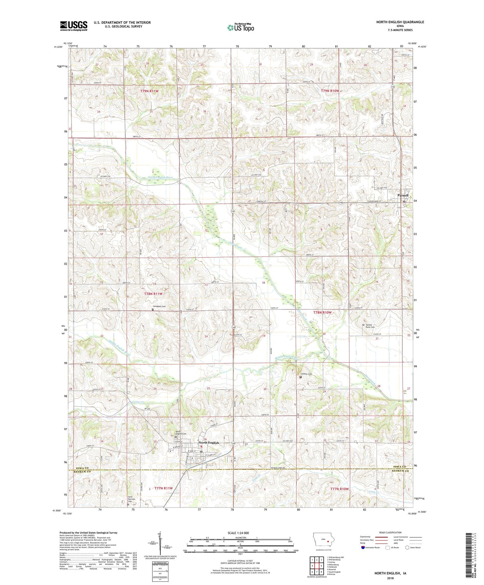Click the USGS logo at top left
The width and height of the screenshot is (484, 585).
point(74,26)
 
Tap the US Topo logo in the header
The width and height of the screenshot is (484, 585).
point(240,28)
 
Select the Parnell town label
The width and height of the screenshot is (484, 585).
point(403,195)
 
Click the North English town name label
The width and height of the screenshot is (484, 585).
point(209,443)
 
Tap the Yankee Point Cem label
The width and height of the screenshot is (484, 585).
point(370,326)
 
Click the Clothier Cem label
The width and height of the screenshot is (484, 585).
point(306,374)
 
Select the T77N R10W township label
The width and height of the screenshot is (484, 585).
point(339,489)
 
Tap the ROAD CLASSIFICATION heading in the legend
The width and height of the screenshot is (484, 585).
point(390,532)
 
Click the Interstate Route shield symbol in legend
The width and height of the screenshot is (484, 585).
point(363,548)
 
